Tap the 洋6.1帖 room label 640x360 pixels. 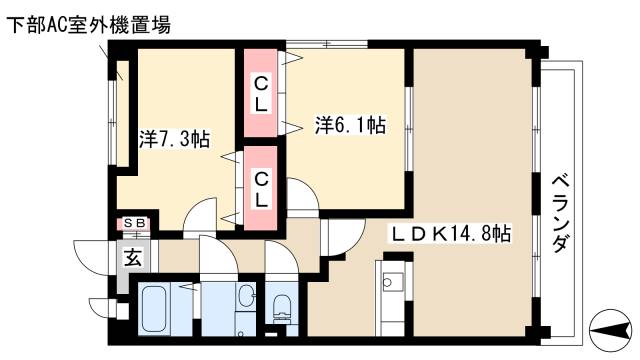point(351,126)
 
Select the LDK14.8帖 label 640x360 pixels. point(450,234)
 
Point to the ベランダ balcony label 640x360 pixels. point(561,214)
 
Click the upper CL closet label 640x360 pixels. point(260,93)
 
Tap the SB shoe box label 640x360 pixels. point(133,223)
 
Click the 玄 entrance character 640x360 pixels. point(132,256)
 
